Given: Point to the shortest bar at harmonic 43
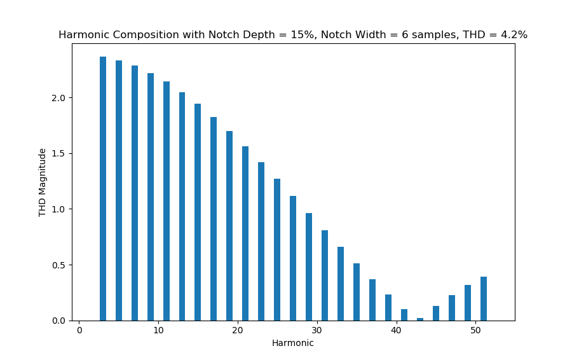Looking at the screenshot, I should pyautogui.click(x=420, y=319).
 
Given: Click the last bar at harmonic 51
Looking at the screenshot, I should pyautogui.click(x=484, y=299).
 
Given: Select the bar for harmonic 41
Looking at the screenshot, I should pyautogui.click(x=404, y=315).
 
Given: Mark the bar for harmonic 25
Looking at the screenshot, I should pyautogui.click(x=277, y=249).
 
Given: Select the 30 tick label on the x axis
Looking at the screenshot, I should pyautogui.click(x=317, y=331).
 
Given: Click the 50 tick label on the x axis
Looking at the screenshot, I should pyautogui.click(x=475, y=331).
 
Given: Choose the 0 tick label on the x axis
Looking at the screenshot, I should pyautogui.click(x=79, y=331).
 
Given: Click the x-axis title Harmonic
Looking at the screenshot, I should pyautogui.click(x=292, y=343).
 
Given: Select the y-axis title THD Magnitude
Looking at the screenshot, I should pyautogui.click(x=43, y=182).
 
